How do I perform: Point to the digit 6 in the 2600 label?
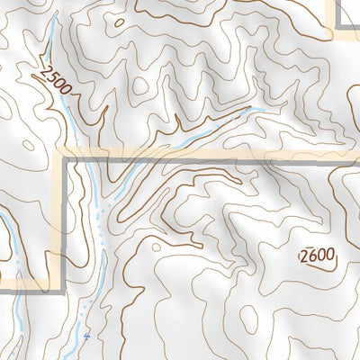(x=312, y=256)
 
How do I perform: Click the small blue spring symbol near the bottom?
(x=87, y=337)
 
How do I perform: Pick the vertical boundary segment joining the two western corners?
(x=64, y=220)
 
